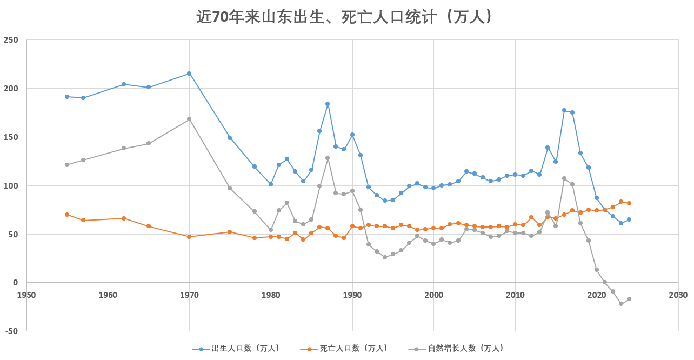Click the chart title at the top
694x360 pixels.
click(x=346, y=17)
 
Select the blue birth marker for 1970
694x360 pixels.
click(x=189, y=74)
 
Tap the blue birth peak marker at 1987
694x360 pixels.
click(x=328, y=104)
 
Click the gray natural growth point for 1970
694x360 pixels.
click(x=189, y=119)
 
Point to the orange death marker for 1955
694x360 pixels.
click(x=67, y=215)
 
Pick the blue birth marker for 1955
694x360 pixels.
click(x=67, y=97)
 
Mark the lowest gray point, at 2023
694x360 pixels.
click(x=621, y=304)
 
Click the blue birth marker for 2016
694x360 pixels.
click(x=564, y=110)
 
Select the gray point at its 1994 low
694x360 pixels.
click(x=385, y=257)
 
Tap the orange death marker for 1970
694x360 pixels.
click(x=189, y=237)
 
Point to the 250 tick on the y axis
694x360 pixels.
click(x=11, y=40)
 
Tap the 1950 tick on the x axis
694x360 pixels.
click(x=26, y=295)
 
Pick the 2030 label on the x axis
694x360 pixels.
click(x=678, y=295)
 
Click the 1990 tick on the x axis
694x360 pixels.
click(x=352, y=295)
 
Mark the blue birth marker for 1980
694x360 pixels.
click(x=271, y=184)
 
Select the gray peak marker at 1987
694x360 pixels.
click(x=328, y=158)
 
